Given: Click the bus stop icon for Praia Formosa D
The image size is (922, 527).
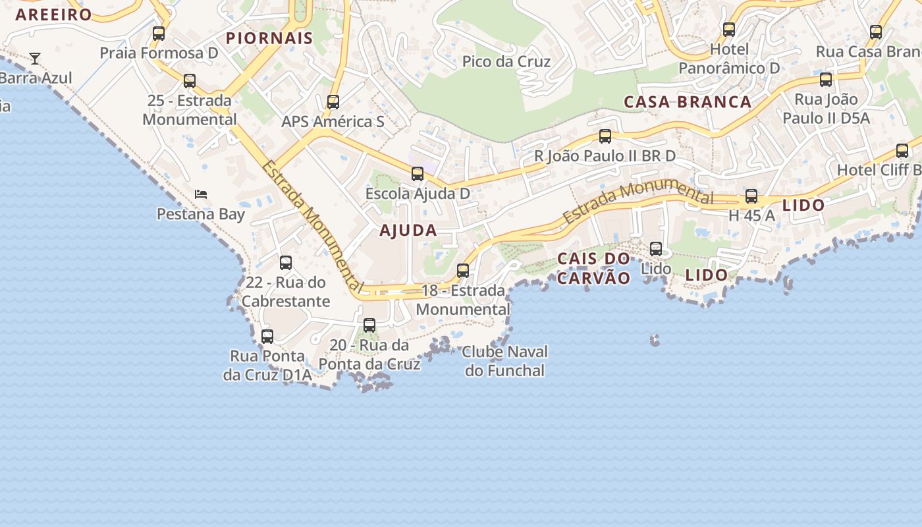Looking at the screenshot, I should point(159,34).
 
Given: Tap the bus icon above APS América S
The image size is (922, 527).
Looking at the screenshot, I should point(333,102).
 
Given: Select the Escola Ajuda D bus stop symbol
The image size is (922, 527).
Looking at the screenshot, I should point(418,174).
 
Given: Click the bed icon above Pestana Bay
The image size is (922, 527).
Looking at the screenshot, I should point(201,194).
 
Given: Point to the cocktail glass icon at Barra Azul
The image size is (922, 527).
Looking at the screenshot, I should point(35,59).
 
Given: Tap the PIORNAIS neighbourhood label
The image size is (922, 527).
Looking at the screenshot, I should point(269,38).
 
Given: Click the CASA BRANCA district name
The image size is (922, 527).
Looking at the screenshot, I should point(688,102).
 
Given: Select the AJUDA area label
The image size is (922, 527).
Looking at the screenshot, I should point(408,231).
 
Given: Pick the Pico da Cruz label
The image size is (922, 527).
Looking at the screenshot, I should point(506,61).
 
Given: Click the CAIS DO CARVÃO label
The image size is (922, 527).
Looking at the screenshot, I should point(593,268).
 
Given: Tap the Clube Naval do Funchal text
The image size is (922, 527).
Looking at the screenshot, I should point(504,361).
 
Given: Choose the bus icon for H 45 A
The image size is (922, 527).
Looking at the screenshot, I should point(751,196).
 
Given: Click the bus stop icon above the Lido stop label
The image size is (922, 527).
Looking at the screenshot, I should point(656,249).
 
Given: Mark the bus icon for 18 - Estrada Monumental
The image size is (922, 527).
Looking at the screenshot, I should point(463,271).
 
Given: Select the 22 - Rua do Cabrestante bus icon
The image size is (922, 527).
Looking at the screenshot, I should point(286,263).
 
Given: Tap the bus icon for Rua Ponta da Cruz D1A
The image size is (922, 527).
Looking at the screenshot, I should point(267,337).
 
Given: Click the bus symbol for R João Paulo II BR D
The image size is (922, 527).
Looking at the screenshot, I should point(605,136).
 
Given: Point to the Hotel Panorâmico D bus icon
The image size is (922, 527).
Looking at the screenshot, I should point(729,30).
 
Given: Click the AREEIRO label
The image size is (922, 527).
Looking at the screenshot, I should point(54,14).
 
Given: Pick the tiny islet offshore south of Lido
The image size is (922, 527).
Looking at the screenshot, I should point(655,340).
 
